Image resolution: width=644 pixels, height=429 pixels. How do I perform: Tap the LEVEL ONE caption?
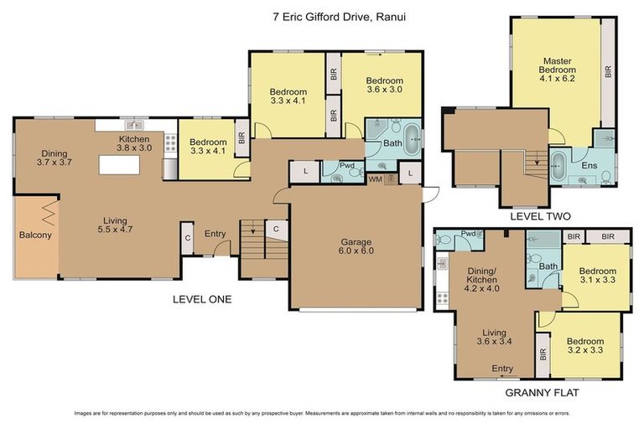[202, 299]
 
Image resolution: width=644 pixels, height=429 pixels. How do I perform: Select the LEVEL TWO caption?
[539, 215]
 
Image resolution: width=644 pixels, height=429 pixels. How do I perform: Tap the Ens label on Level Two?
[590, 166]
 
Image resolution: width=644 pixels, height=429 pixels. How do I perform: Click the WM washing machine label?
[375, 179]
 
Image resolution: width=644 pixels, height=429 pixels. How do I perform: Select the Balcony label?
[35, 235]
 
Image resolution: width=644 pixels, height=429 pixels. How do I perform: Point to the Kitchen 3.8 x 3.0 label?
[134, 143]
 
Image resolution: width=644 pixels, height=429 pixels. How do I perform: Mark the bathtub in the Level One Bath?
[413, 137]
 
